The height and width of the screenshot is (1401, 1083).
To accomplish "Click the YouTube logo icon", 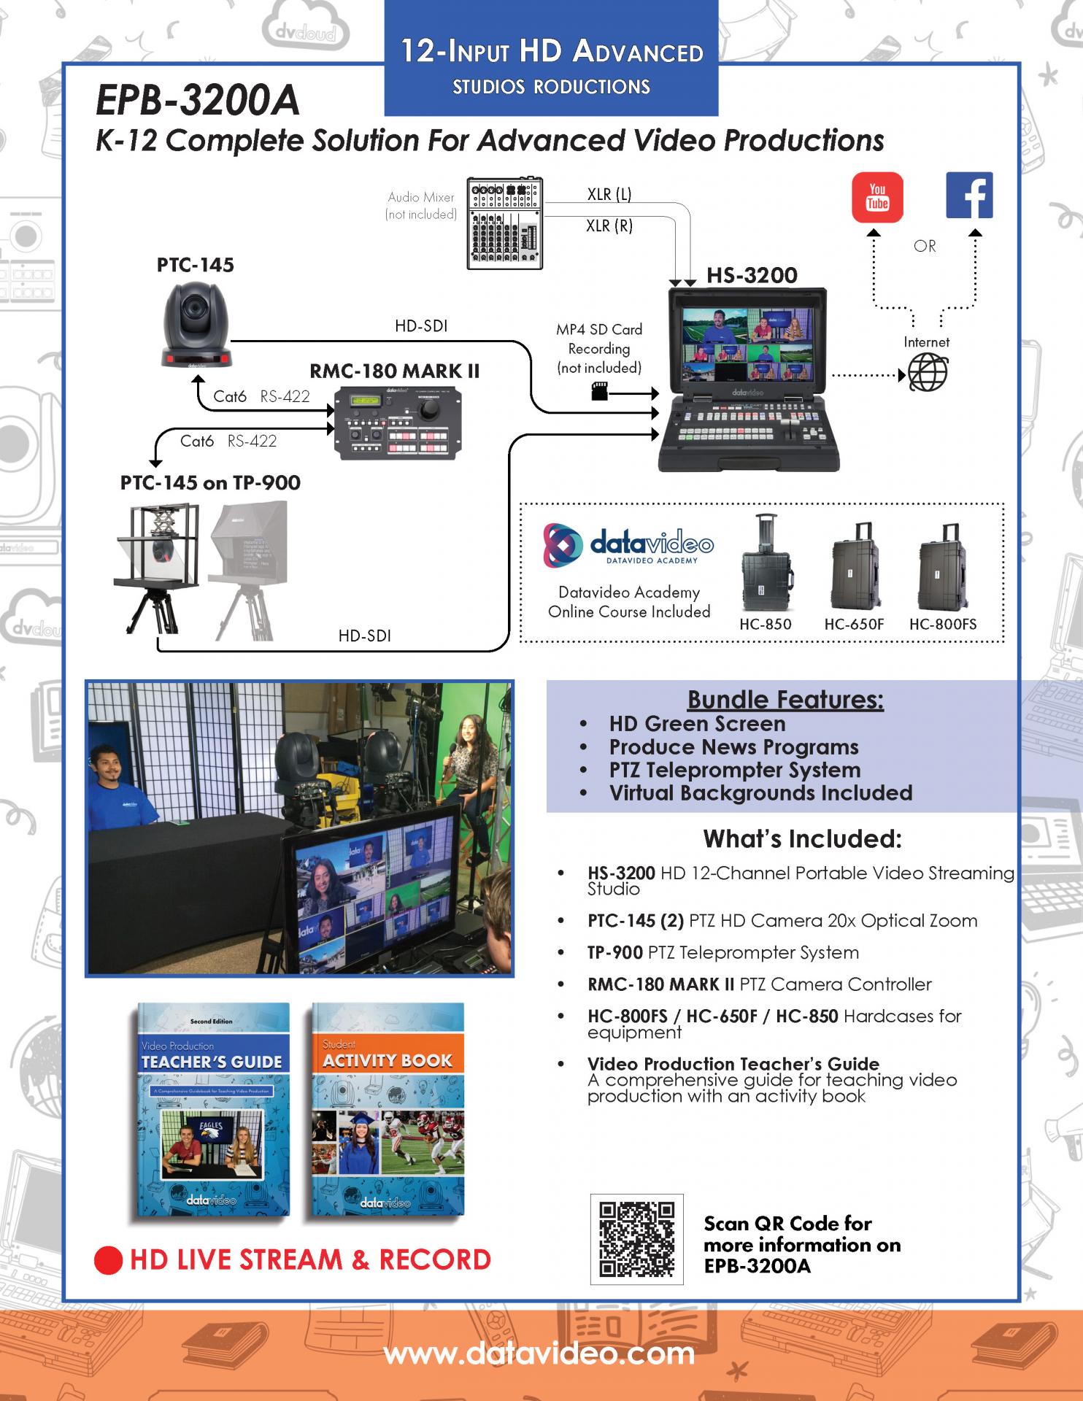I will (877, 197).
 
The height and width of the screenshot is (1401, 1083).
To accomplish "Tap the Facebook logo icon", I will (969, 196).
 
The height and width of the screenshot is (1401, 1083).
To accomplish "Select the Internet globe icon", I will (928, 373).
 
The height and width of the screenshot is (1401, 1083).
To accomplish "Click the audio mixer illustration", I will (505, 223).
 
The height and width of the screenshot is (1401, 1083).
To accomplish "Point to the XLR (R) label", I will (609, 226).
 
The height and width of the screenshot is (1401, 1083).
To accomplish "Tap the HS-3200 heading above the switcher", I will (752, 276).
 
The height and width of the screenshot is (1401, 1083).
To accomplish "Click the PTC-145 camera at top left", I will (196, 326).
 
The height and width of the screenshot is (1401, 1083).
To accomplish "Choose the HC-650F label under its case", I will (854, 625).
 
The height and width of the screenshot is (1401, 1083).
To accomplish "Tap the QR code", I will (636, 1239).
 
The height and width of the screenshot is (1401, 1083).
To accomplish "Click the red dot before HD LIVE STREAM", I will (108, 1260).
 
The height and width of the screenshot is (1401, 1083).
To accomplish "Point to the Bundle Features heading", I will (785, 700).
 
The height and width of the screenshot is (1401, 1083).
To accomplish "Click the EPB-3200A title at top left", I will (198, 100).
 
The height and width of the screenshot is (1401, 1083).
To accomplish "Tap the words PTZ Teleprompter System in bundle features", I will (735, 770).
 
